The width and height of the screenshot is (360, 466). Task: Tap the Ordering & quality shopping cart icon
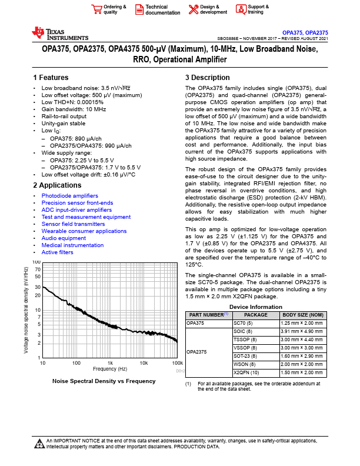point(96,9)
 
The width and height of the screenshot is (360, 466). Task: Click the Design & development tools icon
point(194,9)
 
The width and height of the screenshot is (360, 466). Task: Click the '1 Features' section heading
point(51,78)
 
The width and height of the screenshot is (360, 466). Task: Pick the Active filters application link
point(57,252)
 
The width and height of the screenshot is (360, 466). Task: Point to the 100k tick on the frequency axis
point(178,363)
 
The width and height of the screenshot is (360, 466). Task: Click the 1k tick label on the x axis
point(110,363)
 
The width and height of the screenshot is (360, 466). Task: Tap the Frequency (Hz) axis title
point(110,369)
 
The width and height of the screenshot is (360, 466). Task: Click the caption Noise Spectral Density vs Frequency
point(104,381)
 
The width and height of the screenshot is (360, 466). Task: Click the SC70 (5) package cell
point(244,323)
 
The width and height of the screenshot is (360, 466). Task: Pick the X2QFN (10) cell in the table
point(246,372)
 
